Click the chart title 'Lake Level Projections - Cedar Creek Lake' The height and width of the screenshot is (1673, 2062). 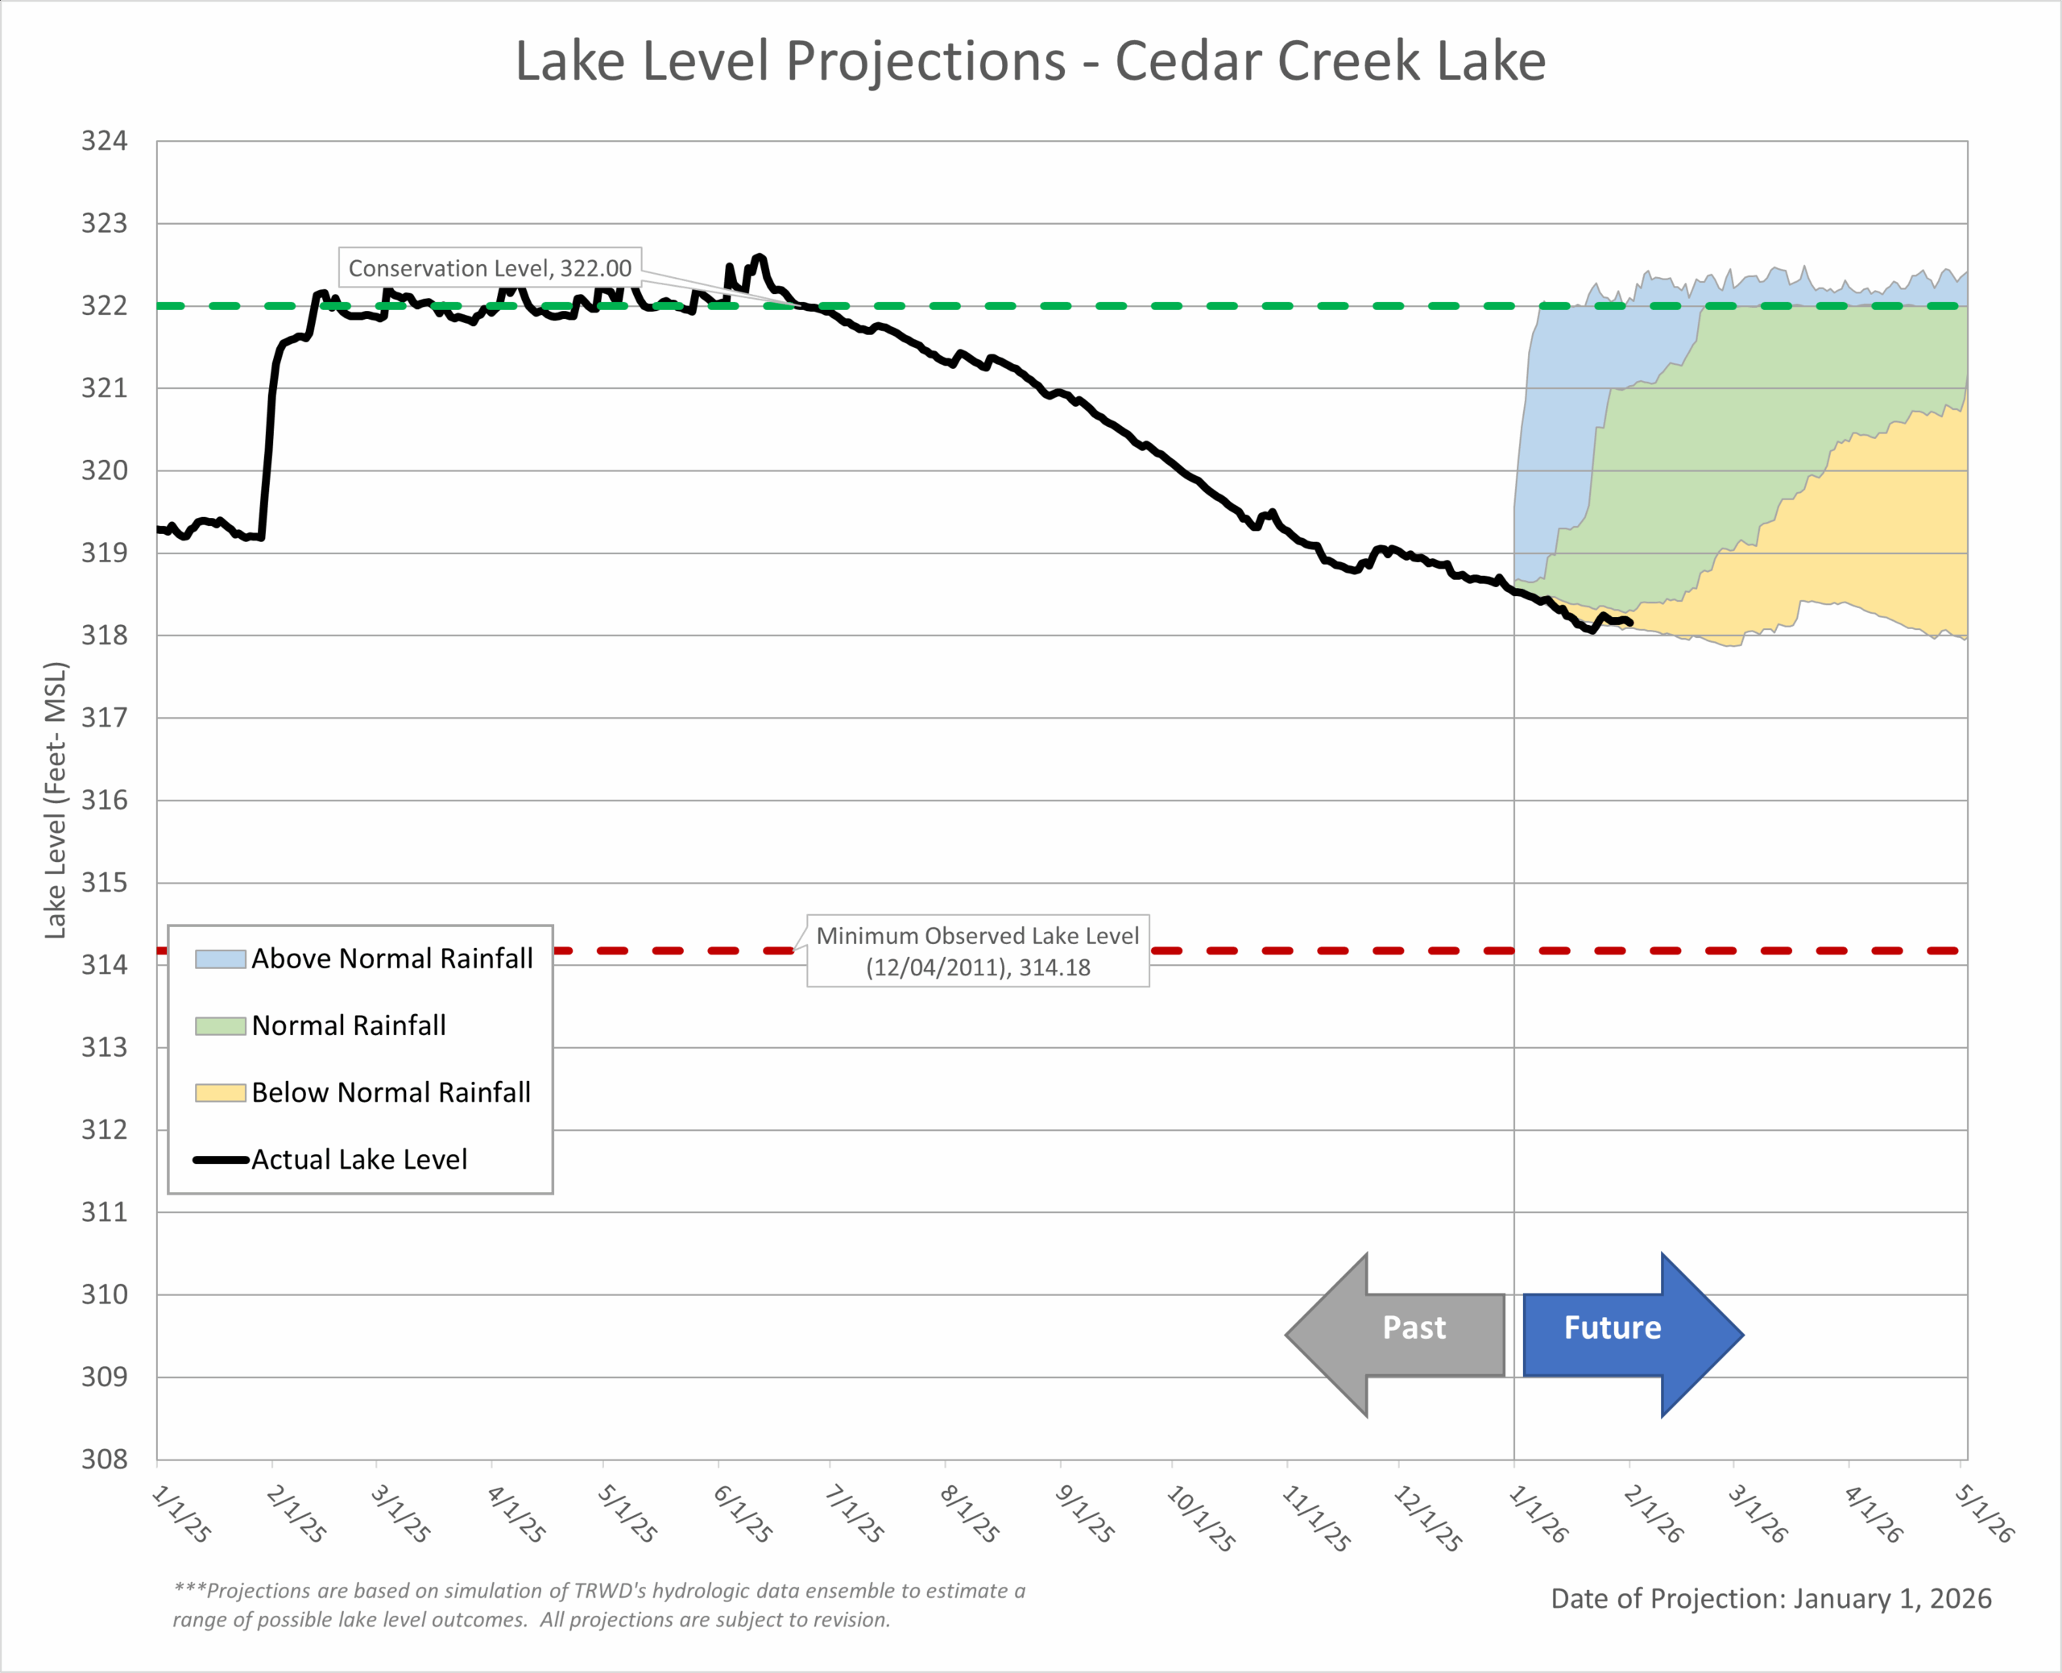pos(1030,62)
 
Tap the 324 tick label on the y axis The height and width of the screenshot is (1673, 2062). pos(104,142)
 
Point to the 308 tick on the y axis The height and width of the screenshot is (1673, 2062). pos(104,1459)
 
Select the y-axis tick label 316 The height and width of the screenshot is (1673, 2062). pos(104,800)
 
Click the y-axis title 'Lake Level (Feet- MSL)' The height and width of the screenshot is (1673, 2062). pos(56,800)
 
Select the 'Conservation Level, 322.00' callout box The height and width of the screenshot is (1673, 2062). pos(490,268)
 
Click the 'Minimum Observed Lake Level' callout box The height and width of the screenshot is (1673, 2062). pos(977,950)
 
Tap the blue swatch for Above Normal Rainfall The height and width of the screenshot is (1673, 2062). pos(220,959)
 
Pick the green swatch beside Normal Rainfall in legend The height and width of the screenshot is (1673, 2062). pos(220,1025)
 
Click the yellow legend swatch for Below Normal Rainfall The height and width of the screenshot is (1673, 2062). pos(220,1093)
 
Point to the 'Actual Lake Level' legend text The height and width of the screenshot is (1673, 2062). pos(359,1159)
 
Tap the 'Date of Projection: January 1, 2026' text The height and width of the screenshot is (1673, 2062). pos(1770,1599)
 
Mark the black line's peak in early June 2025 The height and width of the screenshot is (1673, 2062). pos(760,256)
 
